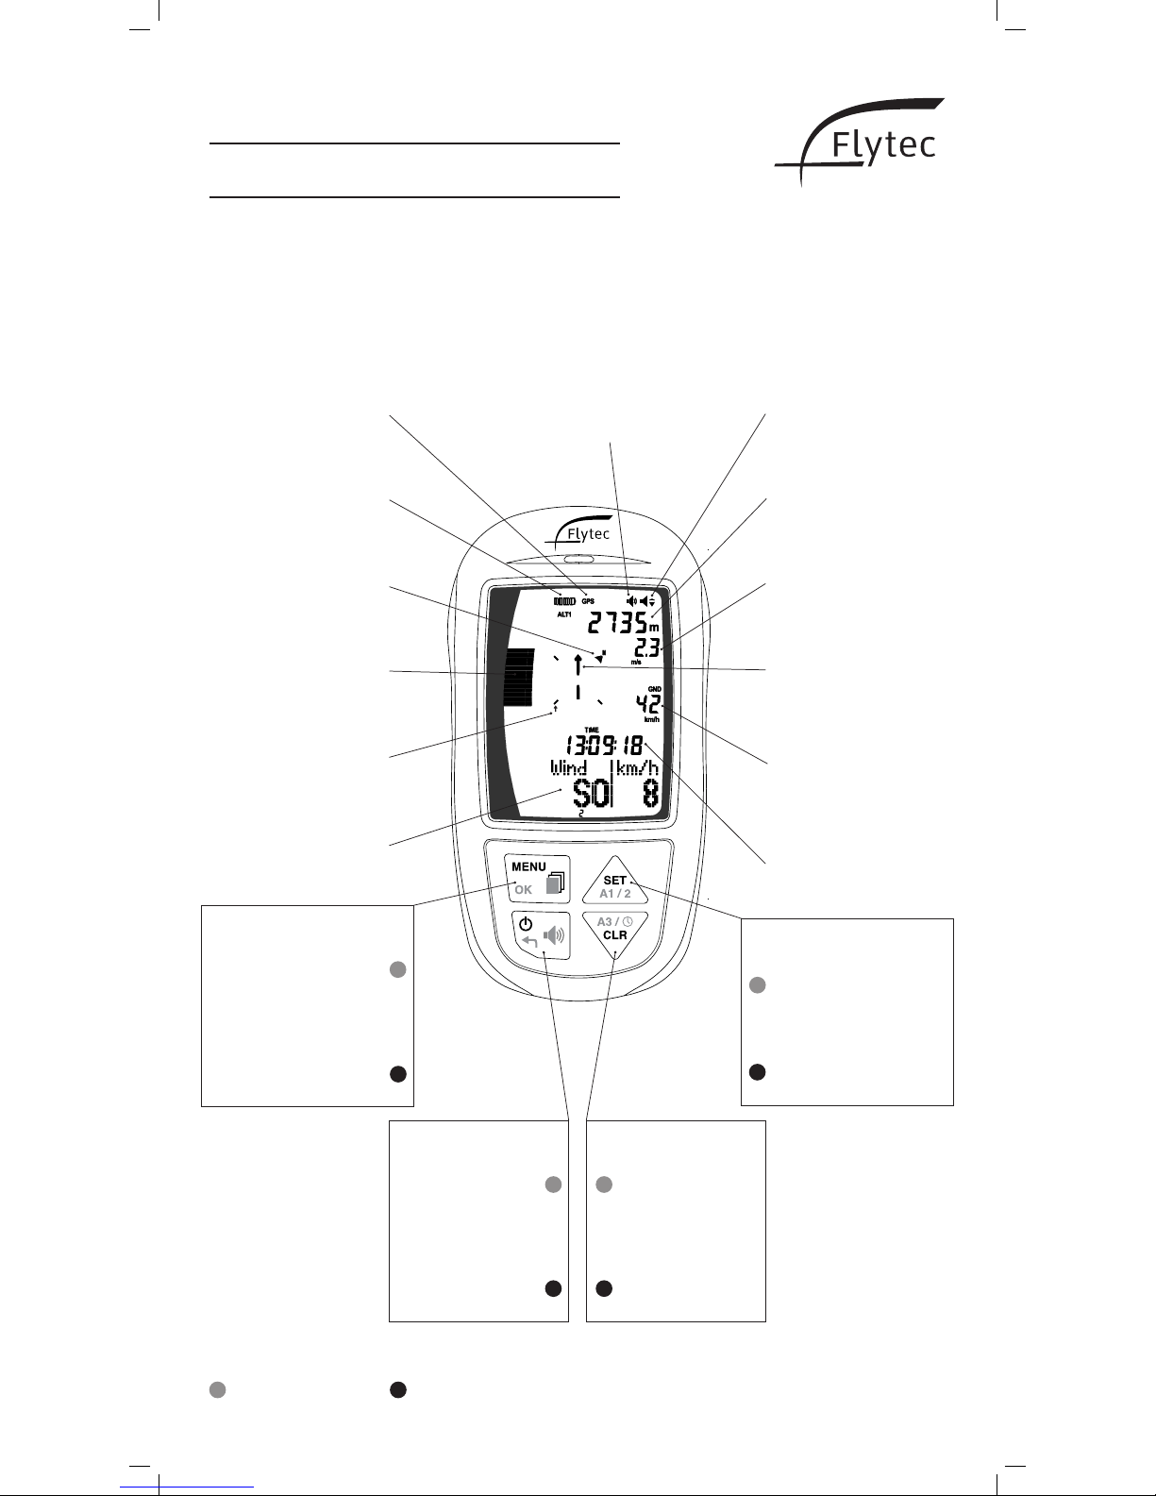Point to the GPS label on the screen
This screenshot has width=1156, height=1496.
point(588,600)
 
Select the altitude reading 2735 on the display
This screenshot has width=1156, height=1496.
point(617,623)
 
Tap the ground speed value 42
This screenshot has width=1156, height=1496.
point(646,704)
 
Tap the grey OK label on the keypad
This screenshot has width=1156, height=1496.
point(523,889)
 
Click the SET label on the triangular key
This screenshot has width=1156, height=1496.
point(614,880)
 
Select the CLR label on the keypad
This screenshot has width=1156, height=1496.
point(614,934)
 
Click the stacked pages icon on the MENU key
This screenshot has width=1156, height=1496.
point(557,882)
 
